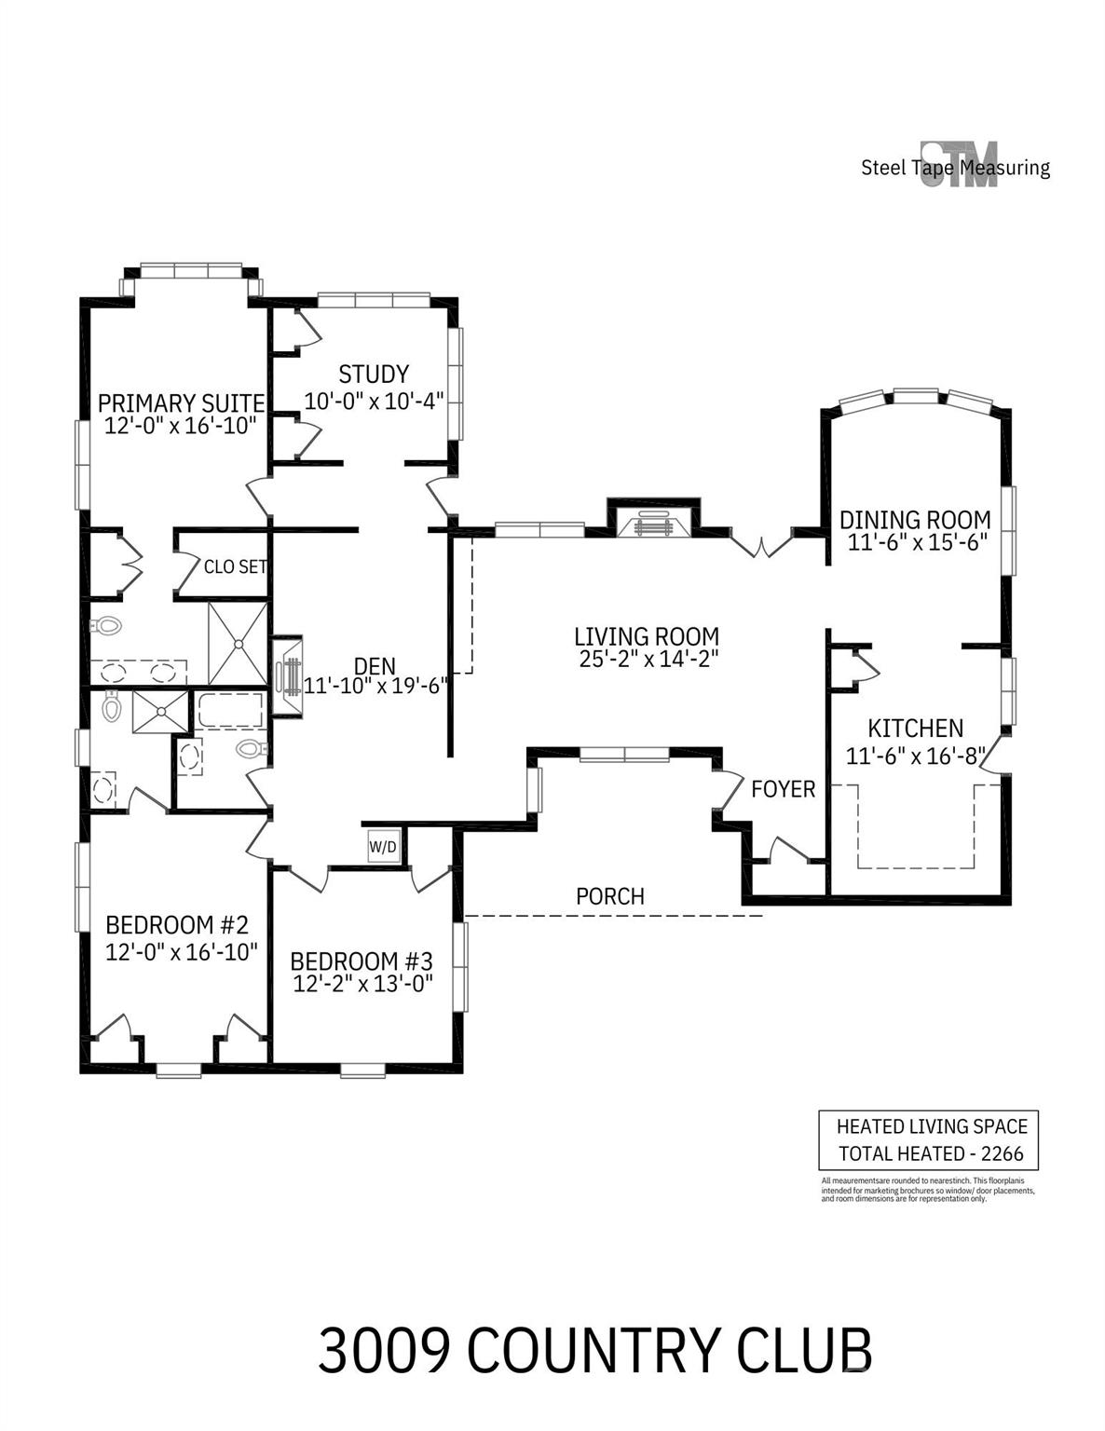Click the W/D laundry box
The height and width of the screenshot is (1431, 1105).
coord(383,846)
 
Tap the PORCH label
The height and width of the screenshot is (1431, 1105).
coord(609,896)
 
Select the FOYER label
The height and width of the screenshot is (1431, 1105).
coord(783,788)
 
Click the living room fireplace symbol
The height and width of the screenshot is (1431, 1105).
coord(652,524)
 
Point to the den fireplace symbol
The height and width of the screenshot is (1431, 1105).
coord(288,676)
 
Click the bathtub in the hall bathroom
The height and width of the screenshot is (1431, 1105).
coord(230,710)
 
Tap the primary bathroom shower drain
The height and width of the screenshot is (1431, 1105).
coord(237,644)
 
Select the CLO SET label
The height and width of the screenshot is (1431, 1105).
coord(235,566)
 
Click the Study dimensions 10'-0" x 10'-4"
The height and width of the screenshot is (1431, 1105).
coord(374,401)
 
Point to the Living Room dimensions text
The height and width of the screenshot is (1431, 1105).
coord(648,659)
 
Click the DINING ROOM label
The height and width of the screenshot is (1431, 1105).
coord(915,520)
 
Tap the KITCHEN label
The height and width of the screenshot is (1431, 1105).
coord(915,729)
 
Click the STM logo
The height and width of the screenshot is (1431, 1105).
coord(959,164)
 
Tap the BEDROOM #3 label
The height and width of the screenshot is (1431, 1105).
coord(362,961)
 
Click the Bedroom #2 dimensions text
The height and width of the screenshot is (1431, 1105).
coord(181,951)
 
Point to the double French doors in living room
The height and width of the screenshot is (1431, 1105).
coord(761,544)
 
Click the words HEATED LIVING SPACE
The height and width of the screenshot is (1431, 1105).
coord(932,1126)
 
